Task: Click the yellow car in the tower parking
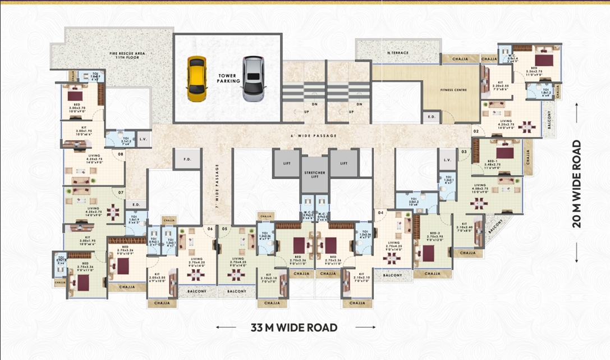pos(196,79)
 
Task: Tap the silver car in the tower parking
pos(253,79)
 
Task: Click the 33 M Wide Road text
pos(295,327)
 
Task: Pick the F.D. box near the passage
pos(187,160)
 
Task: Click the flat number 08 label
pos(120,153)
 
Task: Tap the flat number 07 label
pos(120,192)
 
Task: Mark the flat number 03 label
pos(464,152)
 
